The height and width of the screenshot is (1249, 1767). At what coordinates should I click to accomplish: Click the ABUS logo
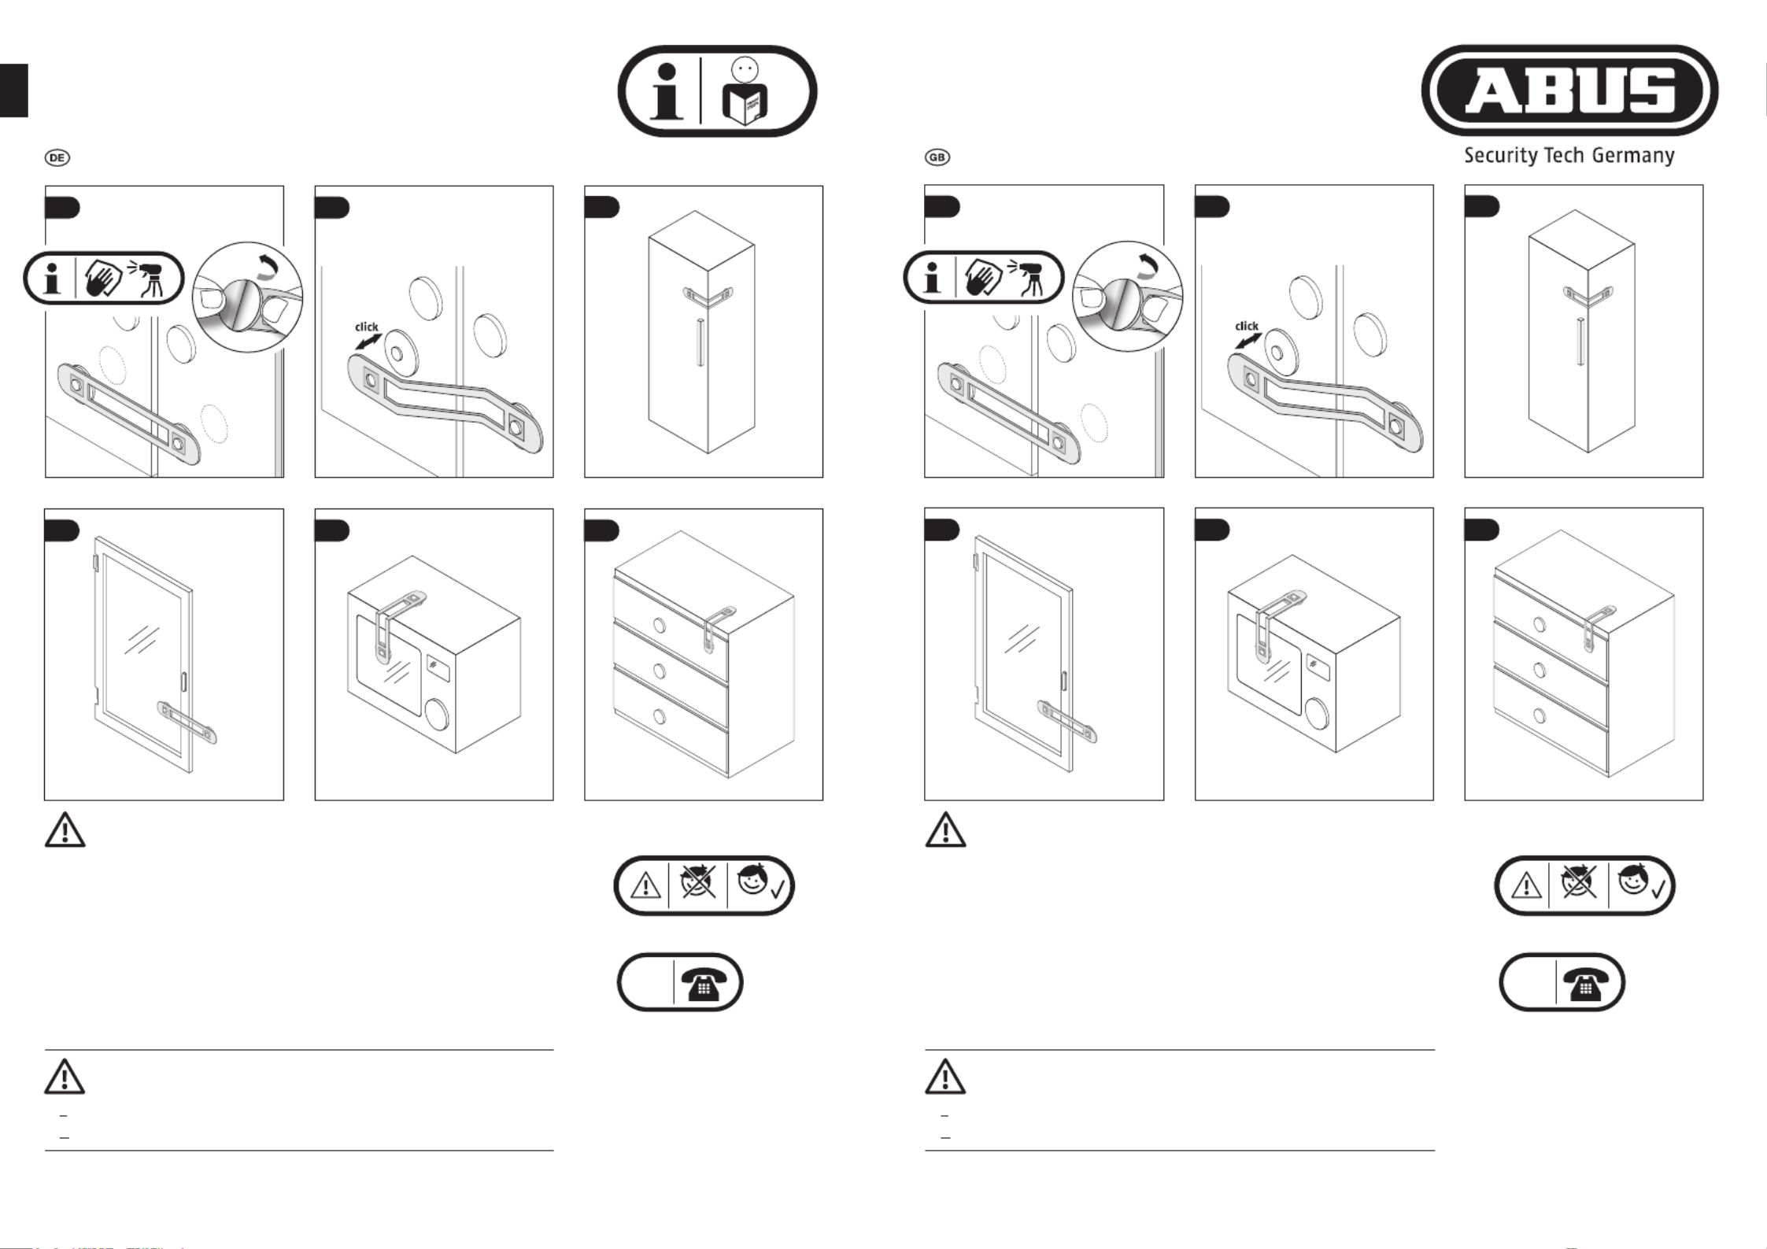(x=1569, y=91)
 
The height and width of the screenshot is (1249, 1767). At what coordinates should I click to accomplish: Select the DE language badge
(x=57, y=157)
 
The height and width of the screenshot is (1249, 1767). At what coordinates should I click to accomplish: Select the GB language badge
(x=937, y=157)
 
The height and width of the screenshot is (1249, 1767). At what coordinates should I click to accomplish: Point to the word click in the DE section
(x=366, y=326)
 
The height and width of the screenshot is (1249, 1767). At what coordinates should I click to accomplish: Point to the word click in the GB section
(x=1246, y=325)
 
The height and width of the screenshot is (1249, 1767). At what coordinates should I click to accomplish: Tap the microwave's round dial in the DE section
(x=435, y=714)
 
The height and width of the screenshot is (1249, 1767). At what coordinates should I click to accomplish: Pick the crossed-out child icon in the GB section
(x=1577, y=882)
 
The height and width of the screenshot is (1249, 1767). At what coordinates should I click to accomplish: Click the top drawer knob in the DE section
(x=660, y=626)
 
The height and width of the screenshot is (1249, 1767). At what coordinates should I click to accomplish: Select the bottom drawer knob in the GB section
(x=1540, y=716)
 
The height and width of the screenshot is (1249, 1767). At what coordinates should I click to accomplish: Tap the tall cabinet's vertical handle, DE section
(x=699, y=342)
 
